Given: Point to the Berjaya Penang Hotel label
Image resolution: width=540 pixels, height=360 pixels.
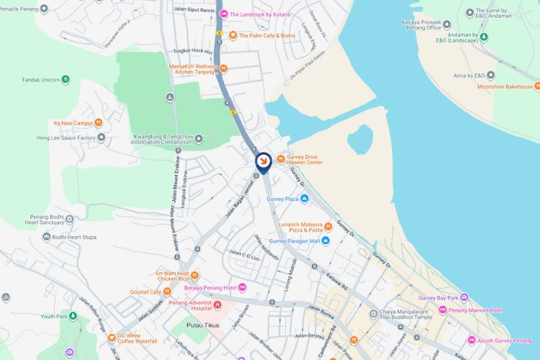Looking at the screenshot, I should pyautogui.click(x=210, y=288).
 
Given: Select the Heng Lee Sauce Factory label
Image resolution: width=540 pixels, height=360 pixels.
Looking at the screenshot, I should pyautogui.click(x=66, y=138).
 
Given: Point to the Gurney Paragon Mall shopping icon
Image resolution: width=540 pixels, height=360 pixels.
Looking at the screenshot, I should pyautogui.click(x=325, y=241).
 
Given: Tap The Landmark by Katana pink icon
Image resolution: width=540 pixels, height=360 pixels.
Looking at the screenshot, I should pyautogui.click(x=224, y=14).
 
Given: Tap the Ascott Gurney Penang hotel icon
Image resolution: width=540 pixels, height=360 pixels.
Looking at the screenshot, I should pyautogui.click(x=472, y=339).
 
